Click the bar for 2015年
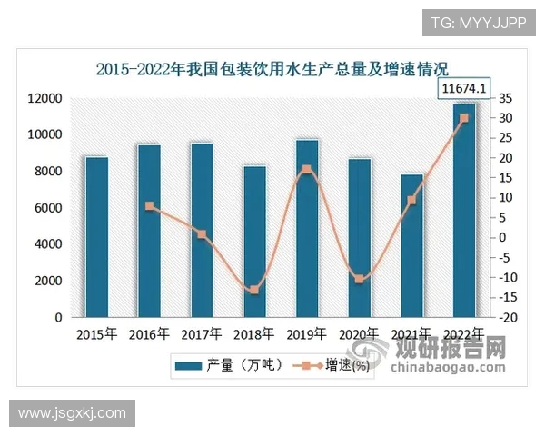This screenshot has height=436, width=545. [x=97, y=237]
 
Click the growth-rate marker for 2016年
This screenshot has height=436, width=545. [x=150, y=206]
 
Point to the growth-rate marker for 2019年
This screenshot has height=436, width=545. [x=307, y=169]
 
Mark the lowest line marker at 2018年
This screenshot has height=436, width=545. [x=254, y=290]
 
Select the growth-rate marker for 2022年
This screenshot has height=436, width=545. [x=464, y=118]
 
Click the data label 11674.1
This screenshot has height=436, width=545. [x=464, y=89]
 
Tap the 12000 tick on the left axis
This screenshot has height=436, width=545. [x=45, y=98]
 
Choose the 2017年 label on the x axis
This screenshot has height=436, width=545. [x=202, y=334]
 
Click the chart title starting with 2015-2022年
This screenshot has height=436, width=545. [x=273, y=68]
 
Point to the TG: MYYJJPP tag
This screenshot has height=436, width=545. [x=478, y=22]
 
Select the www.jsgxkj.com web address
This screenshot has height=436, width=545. [x=73, y=413]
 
